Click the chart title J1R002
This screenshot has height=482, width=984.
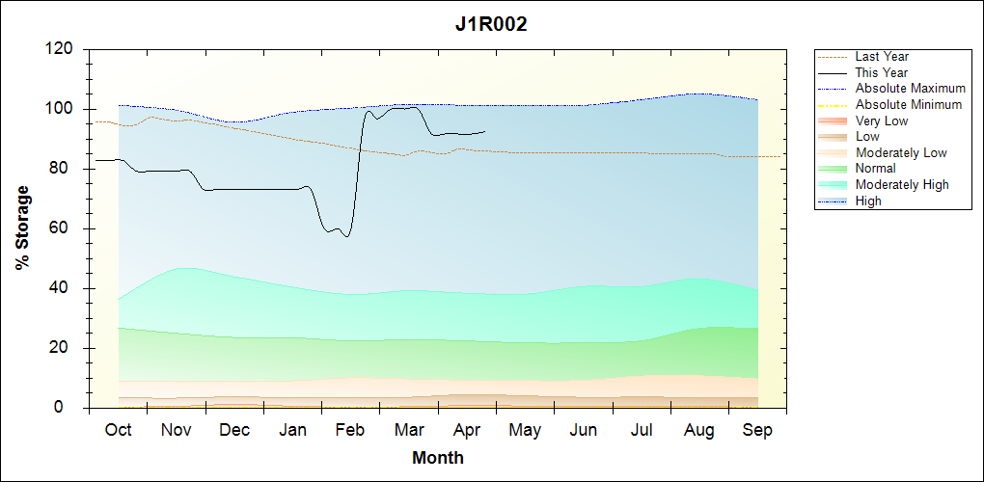(x=491, y=25)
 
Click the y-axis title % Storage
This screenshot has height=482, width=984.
(x=22, y=234)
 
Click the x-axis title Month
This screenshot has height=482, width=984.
(x=437, y=458)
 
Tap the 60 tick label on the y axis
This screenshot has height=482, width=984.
(x=65, y=228)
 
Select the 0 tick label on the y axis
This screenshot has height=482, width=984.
(x=69, y=408)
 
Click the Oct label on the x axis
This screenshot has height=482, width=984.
(x=118, y=430)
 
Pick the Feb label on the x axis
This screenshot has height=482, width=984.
(x=350, y=430)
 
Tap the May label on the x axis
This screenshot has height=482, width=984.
(x=525, y=430)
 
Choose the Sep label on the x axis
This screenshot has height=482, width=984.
(x=757, y=430)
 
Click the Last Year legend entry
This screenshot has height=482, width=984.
(x=882, y=57)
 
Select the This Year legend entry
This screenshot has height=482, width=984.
(x=882, y=72)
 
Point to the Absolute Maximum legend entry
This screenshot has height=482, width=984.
(x=910, y=89)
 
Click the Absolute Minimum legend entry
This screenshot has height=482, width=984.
(x=909, y=104)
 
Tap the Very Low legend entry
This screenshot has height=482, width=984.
(x=882, y=120)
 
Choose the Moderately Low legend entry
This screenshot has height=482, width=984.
(x=901, y=152)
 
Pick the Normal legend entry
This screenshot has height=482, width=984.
(x=875, y=169)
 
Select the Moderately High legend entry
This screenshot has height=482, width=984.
(x=902, y=184)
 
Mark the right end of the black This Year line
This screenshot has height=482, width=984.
(x=485, y=131)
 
